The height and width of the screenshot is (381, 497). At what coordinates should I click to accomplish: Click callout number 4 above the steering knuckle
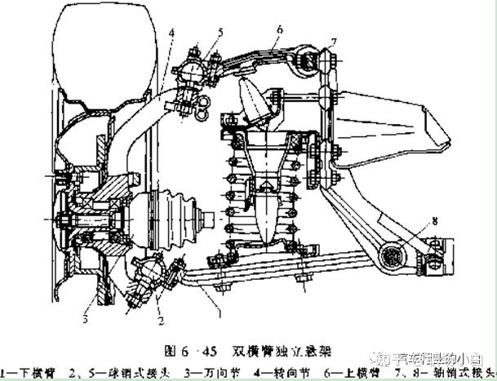pos(172,33)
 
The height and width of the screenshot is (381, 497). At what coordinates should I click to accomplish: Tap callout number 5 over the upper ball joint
pos(219,32)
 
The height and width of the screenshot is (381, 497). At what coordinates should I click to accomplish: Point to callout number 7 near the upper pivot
pos(333,39)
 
